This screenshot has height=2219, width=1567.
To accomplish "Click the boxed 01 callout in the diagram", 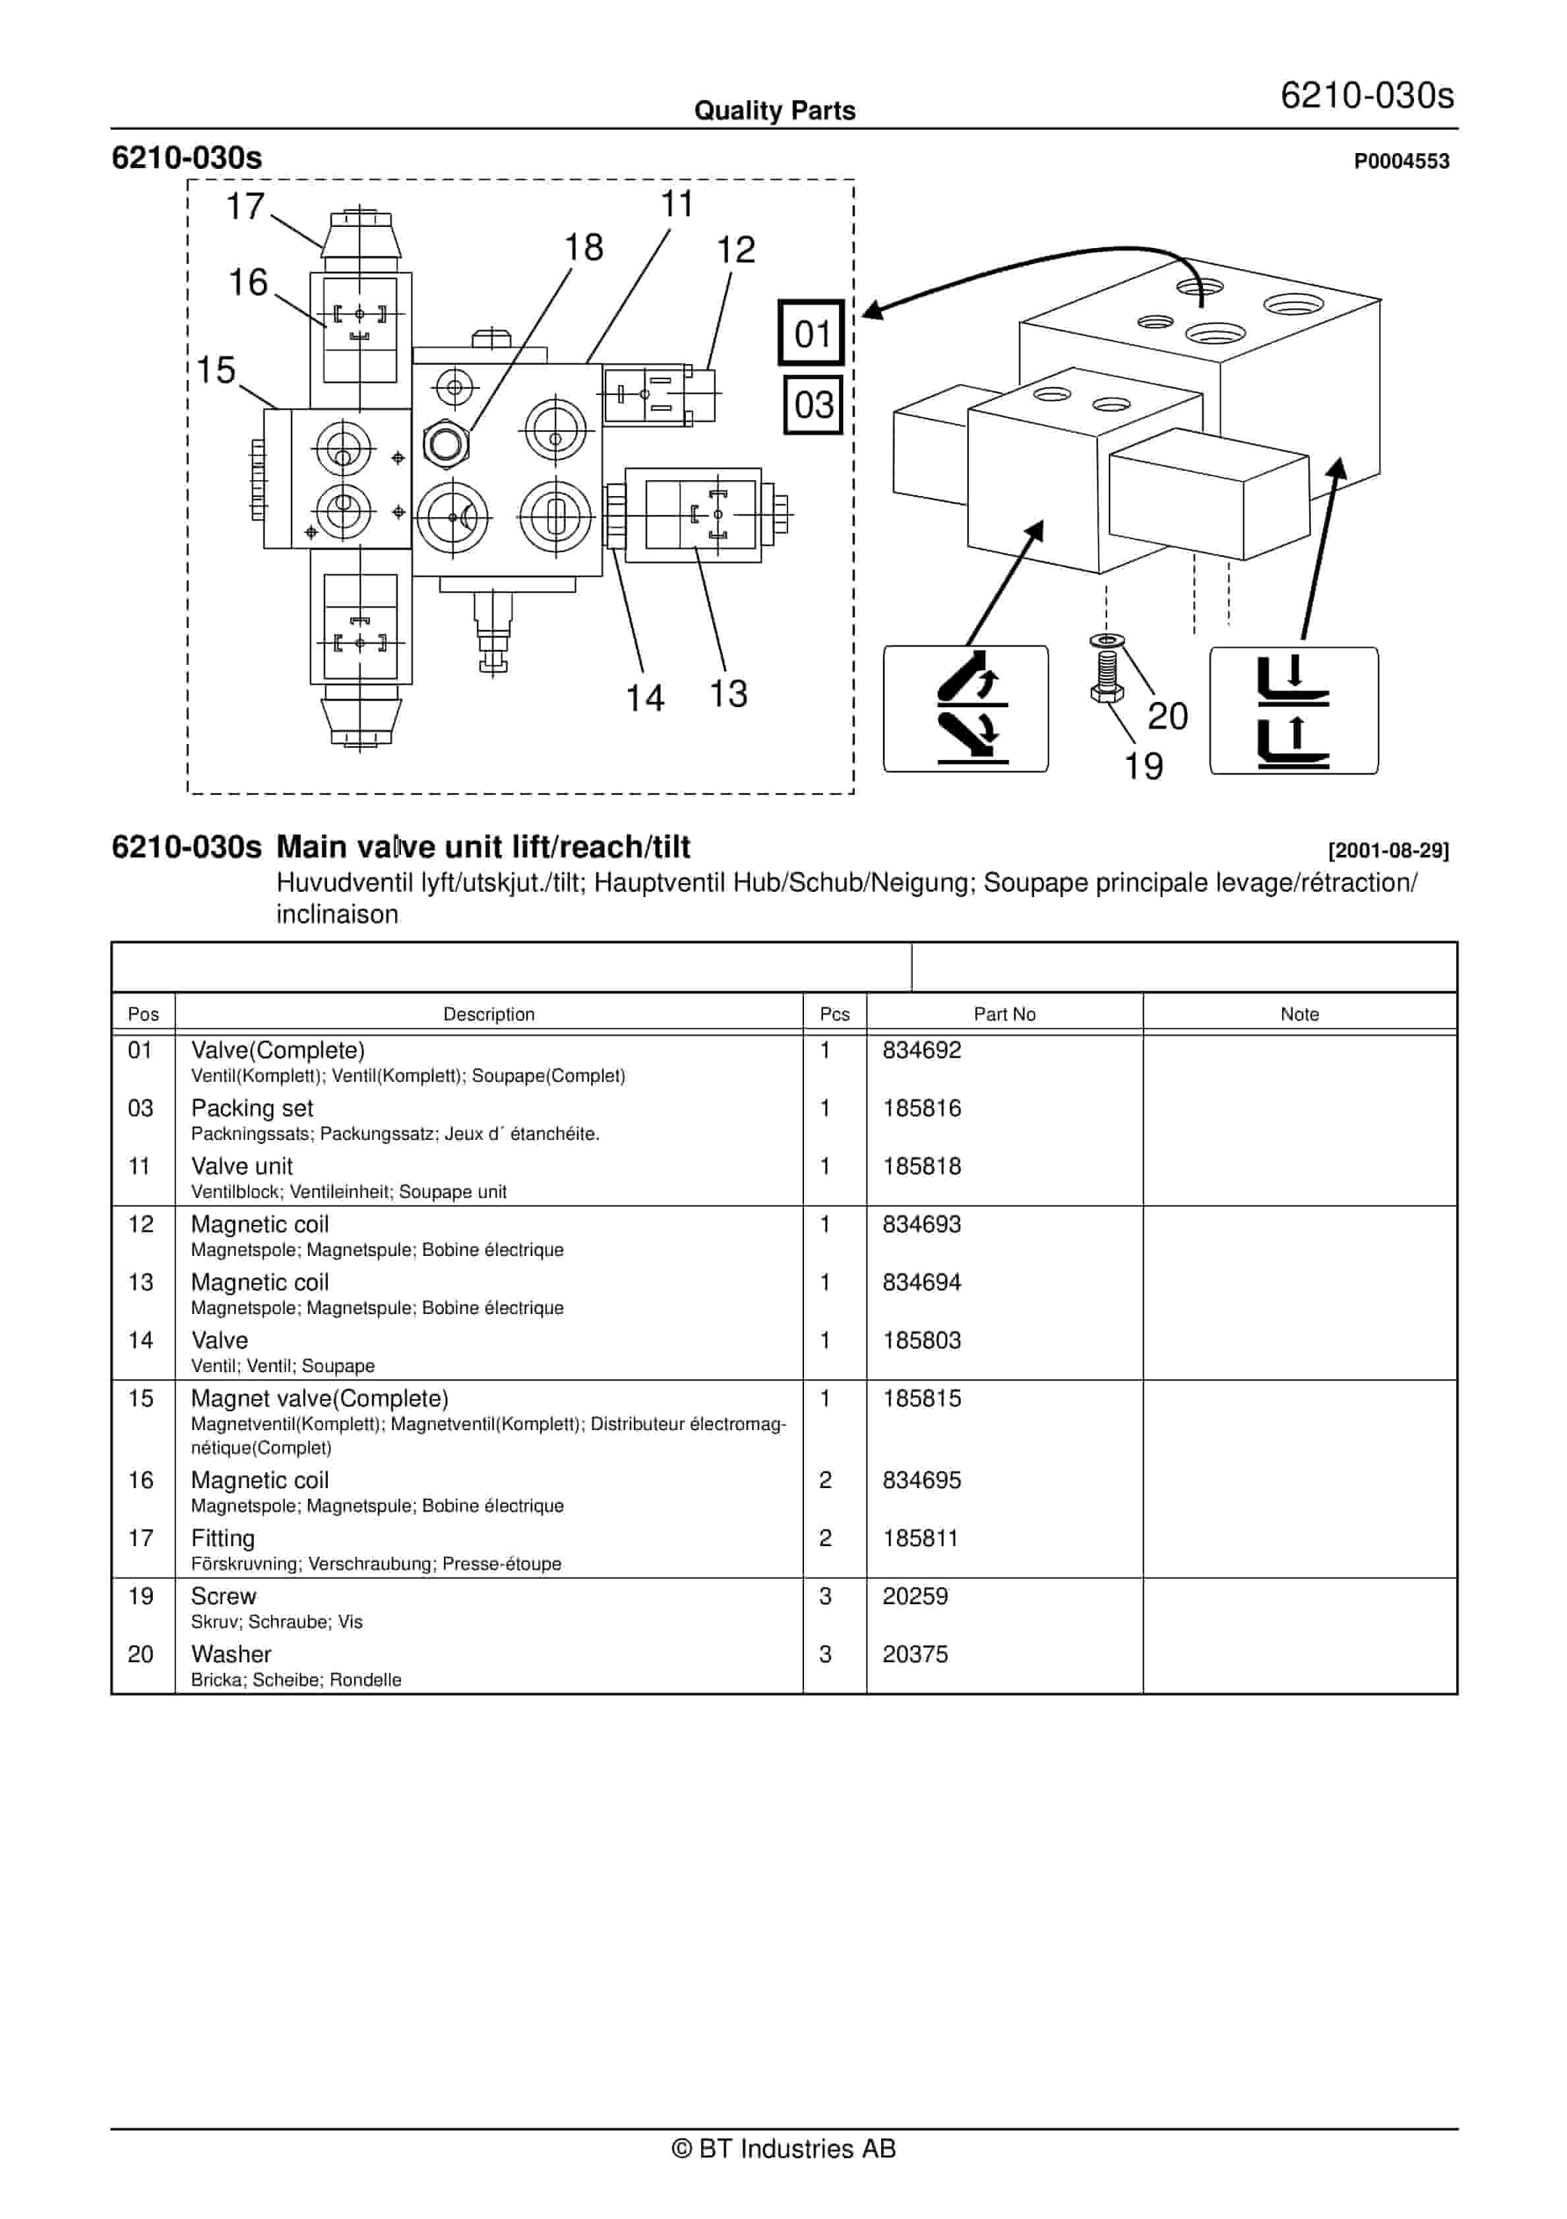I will (811, 333).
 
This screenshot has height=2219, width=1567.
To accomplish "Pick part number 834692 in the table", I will (921, 1051).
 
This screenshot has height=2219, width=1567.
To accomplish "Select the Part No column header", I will (1004, 1014).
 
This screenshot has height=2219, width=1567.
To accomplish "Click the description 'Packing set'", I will (252, 1109).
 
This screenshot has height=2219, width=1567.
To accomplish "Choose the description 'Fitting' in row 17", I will (223, 1539).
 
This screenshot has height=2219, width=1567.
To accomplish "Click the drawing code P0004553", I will (1401, 162).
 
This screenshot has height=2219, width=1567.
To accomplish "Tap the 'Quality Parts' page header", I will (775, 111).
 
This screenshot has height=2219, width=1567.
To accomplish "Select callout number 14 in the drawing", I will (644, 698).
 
